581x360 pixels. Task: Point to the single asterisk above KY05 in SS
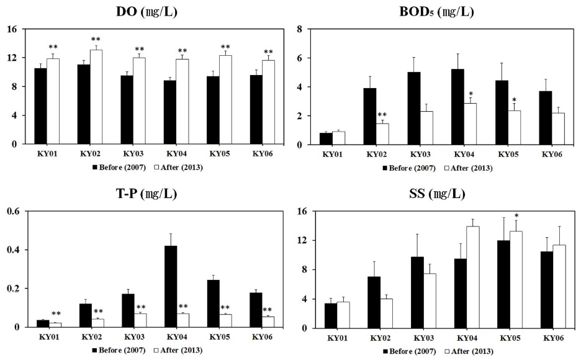pos(516,217)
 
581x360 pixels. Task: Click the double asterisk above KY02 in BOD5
pos(382,115)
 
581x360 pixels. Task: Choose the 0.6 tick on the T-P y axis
pos(12,211)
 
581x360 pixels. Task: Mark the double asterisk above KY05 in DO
pos(225,47)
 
